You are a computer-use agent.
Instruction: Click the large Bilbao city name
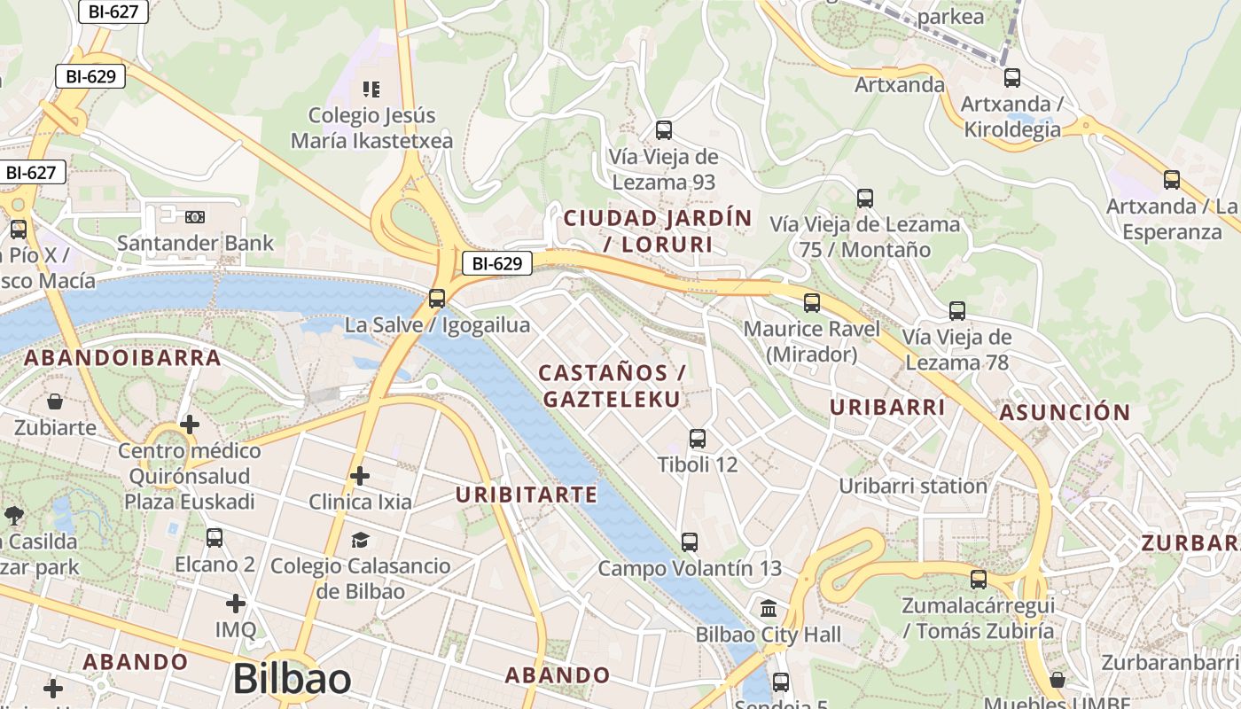click(x=292, y=680)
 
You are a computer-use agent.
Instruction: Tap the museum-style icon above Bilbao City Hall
click(x=769, y=609)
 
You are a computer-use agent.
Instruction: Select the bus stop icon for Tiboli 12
click(x=698, y=438)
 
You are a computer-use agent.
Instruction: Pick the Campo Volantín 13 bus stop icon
click(x=690, y=541)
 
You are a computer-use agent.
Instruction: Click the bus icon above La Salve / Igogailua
click(x=437, y=299)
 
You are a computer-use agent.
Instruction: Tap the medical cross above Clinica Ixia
click(x=359, y=476)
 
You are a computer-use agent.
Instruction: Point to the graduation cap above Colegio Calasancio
click(x=359, y=540)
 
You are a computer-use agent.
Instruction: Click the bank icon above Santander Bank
click(x=195, y=216)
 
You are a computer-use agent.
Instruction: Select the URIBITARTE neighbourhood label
click(x=527, y=495)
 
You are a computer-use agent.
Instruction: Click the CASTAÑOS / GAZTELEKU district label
click(x=613, y=386)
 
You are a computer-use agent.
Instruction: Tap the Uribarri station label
click(x=913, y=486)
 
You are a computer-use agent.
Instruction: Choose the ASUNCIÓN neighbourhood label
click(x=1065, y=412)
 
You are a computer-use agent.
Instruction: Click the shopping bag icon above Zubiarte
click(x=55, y=401)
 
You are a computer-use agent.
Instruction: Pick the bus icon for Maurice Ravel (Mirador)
click(x=812, y=303)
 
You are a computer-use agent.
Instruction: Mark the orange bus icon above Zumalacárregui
click(x=978, y=580)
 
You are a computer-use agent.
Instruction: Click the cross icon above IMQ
click(x=235, y=604)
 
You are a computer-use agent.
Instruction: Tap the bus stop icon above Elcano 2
click(x=214, y=538)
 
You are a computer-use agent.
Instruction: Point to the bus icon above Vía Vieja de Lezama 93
click(x=663, y=130)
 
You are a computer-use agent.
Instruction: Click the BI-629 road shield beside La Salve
click(x=496, y=263)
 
